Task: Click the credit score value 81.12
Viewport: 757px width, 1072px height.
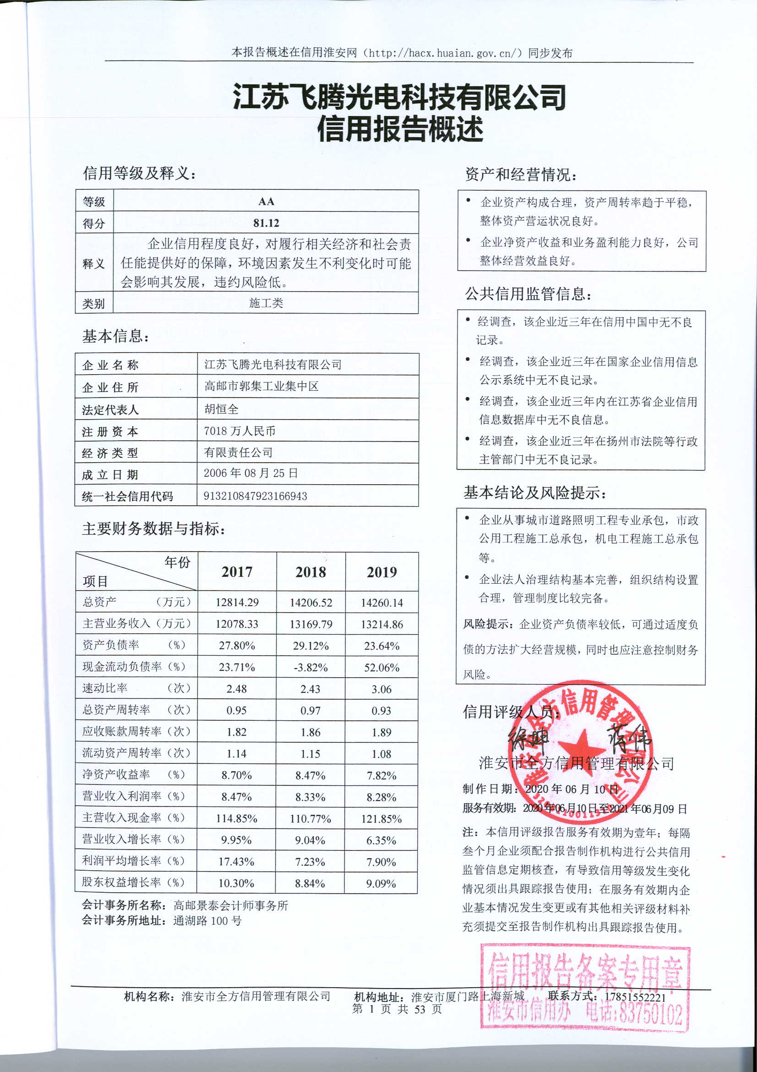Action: click(266, 223)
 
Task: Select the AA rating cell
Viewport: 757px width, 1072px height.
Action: click(266, 202)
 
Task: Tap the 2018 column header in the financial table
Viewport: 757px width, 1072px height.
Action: click(310, 572)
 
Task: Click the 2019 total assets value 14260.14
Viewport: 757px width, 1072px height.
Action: click(381, 603)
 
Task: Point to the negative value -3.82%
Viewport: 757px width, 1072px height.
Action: click(310, 668)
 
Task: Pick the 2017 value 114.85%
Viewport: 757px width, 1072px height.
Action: click(236, 819)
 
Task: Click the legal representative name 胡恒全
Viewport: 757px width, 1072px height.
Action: click(222, 409)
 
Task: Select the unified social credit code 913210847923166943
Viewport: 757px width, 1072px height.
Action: click(255, 496)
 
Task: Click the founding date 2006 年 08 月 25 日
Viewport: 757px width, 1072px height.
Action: click(251, 474)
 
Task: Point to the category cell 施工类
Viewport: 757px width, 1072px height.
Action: click(266, 304)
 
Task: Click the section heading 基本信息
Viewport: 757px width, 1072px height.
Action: click(116, 336)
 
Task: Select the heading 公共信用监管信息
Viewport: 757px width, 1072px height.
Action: click(528, 294)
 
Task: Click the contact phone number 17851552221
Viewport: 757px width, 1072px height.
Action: click(635, 997)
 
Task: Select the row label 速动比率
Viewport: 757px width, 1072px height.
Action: click(105, 688)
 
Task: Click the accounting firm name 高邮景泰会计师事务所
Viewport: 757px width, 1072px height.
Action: click(231, 906)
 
